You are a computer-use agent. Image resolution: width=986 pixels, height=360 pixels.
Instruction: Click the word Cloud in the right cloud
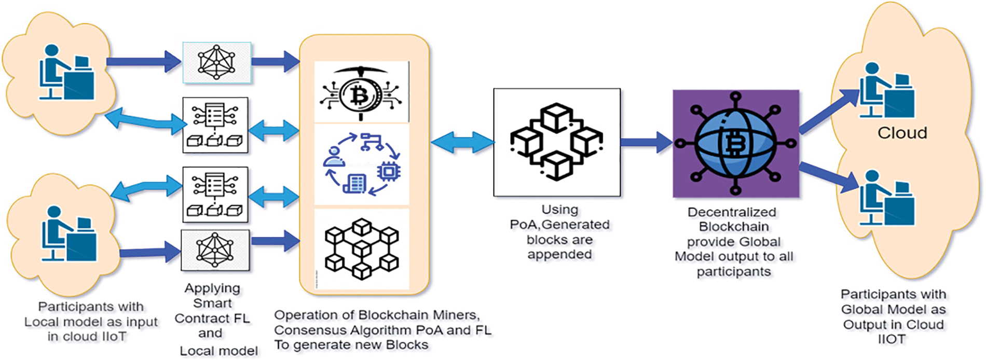tap(902, 133)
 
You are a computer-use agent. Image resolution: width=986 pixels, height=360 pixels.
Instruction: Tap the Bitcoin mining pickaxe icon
tap(361, 92)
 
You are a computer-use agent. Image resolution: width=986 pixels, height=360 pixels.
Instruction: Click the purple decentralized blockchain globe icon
tap(735, 144)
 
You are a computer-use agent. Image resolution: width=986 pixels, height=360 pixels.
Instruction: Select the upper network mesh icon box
tap(217, 63)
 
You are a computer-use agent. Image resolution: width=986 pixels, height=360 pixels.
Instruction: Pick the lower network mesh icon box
tap(215, 250)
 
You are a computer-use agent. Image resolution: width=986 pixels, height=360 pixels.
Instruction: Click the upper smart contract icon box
tap(215, 125)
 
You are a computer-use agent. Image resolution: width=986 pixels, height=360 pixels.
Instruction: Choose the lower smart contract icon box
tap(215, 195)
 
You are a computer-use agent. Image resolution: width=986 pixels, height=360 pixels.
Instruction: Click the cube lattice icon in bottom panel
tap(362, 248)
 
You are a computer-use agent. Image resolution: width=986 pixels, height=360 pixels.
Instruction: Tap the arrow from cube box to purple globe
tap(646, 142)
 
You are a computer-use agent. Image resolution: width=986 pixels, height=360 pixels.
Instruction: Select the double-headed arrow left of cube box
tap(462, 142)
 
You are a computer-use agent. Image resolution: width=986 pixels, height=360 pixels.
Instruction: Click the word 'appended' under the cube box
tap(559, 255)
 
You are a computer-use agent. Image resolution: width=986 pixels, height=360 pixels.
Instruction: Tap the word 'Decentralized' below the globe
tap(732, 212)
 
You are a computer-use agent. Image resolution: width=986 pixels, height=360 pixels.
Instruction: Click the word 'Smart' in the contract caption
tap(212, 303)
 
